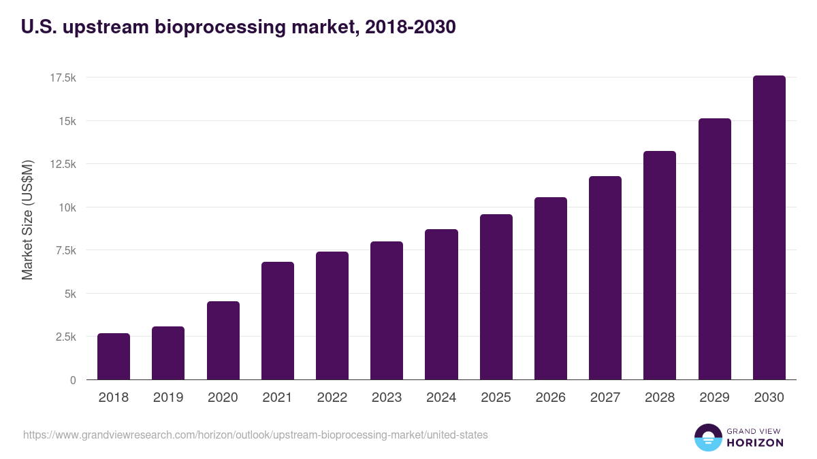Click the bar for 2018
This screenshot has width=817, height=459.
click(x=114, y=356)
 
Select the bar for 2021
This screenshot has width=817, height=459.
click(x=278, y=321)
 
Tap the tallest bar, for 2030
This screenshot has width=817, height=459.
click(x=769, y=228)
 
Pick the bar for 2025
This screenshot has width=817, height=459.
click(x=496, y=297)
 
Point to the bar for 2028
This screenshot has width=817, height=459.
click(x=660, y=265)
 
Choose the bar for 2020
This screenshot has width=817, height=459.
click(x=223, y=341)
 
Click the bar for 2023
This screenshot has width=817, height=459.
click(x=387, y=311)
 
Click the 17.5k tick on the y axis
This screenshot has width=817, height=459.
click(x=63, y=78)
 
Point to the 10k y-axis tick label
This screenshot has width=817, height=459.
click(x=67, y=207)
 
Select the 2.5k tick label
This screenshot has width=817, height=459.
click(x=65, y=337)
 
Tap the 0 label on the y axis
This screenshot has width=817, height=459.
click(x=72, y=380)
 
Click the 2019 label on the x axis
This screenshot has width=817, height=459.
click(x=168, y=398)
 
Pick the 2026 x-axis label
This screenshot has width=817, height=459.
click(x=551, y=398)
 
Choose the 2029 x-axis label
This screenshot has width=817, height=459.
click(x=714, y=398)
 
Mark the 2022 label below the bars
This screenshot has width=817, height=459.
click(x=332, y=398)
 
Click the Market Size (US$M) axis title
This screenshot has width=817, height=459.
click(x=27, y=220)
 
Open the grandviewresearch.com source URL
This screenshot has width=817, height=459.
click(x=255, y=435)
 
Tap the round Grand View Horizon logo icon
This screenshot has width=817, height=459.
click(x=708, y=437)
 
